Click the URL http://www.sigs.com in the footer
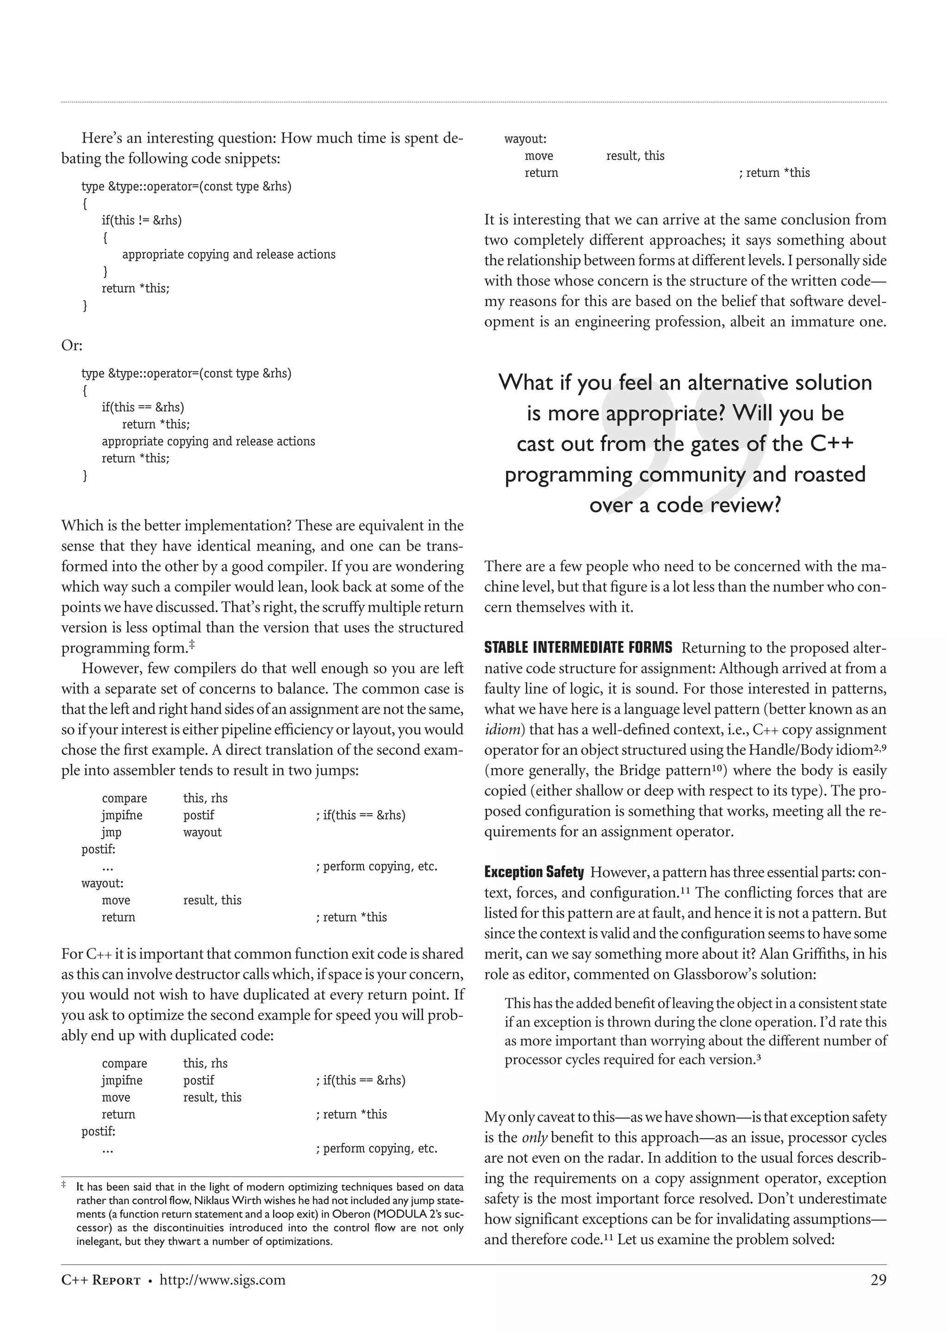222,1280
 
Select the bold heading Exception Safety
534,872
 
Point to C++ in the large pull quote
831,443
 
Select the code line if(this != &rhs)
141,220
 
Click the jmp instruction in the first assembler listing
112,832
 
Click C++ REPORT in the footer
101,1280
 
